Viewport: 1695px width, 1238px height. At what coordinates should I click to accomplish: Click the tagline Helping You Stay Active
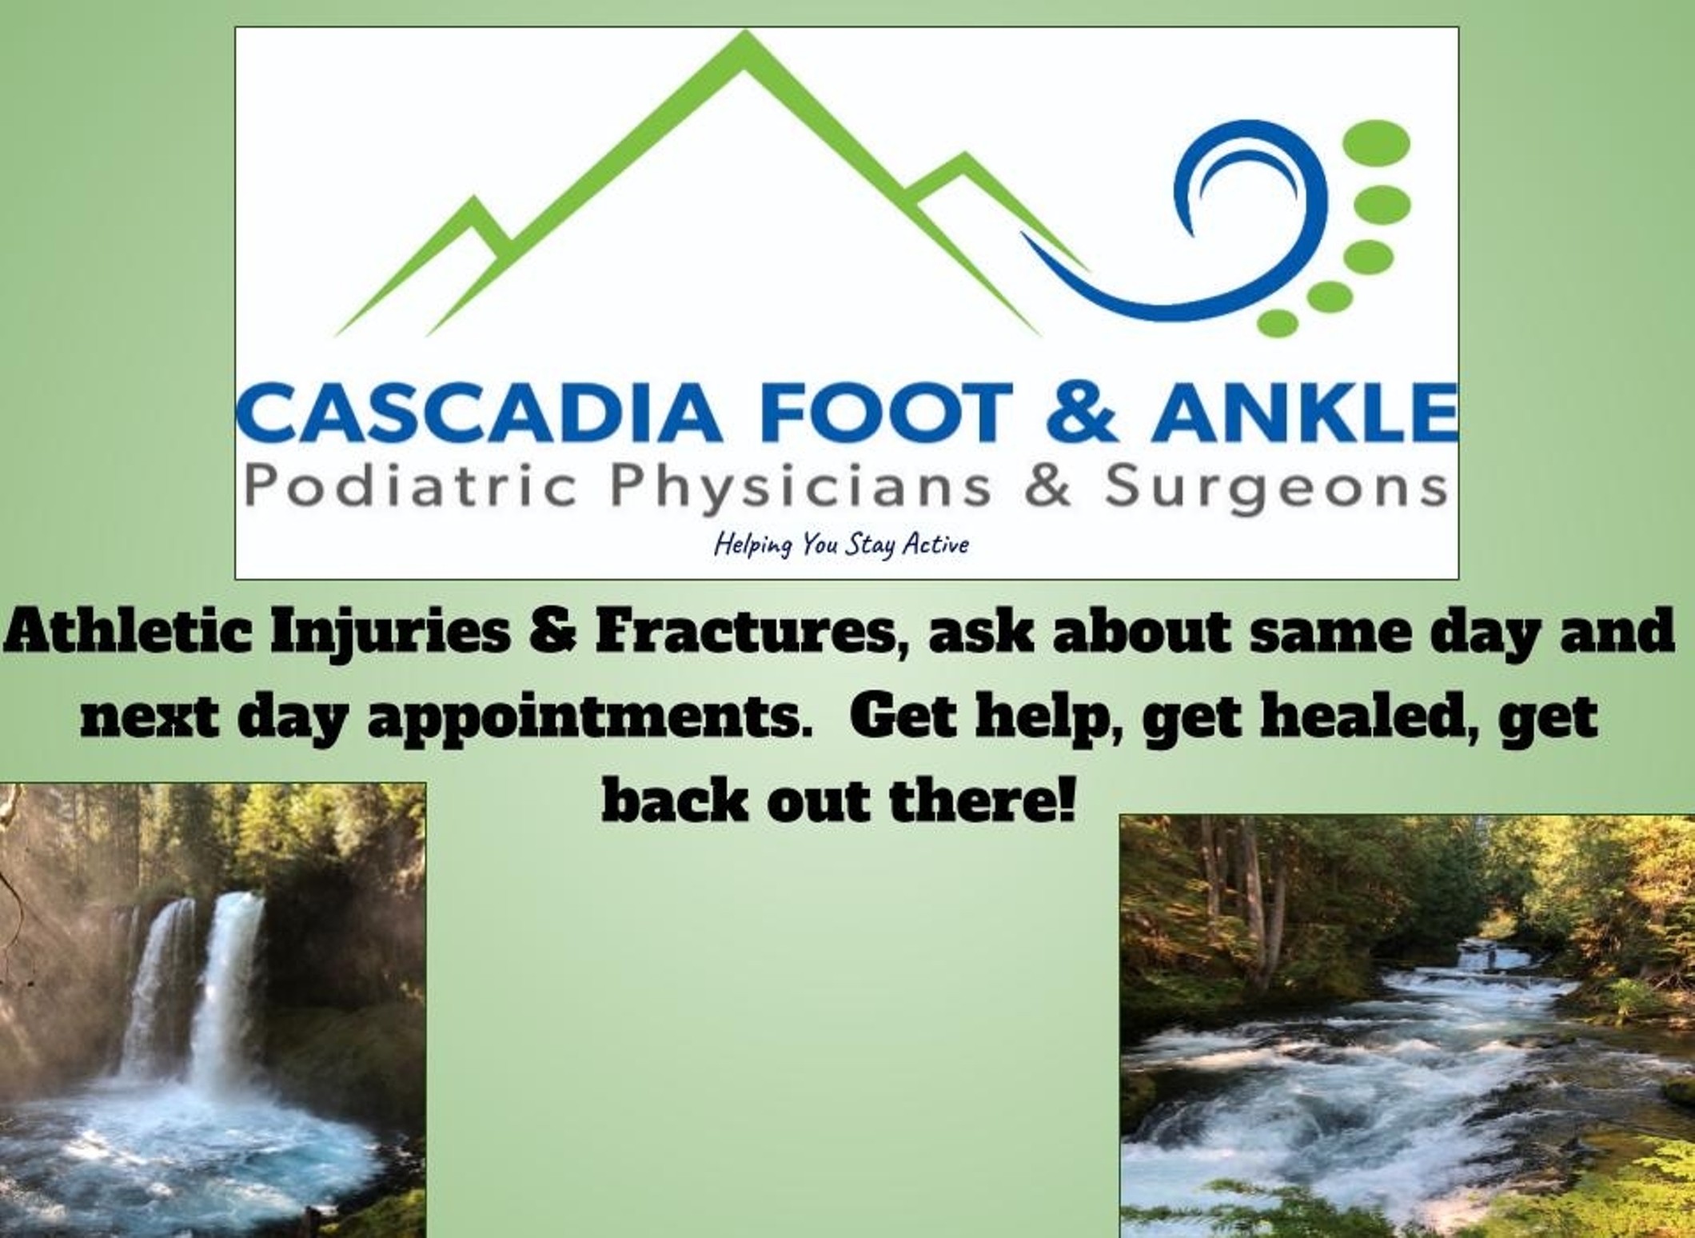point(841,545)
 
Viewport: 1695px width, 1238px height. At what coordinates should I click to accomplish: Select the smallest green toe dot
point(1278,323)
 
